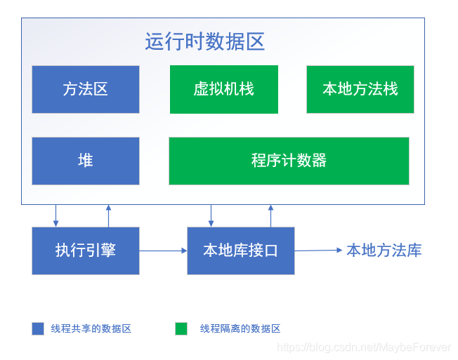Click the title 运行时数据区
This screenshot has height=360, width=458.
[x=204, y=41]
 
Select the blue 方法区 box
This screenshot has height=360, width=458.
[x=85, y=89]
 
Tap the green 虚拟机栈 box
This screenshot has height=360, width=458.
[x=223, y=89]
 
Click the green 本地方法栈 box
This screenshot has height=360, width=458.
[x=360, y=89]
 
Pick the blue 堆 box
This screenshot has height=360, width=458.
[x=85, y=161]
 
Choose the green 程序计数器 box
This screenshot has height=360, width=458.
[x=289, y=161]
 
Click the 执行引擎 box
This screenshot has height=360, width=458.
[x=85, y=251]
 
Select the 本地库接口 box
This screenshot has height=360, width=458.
[x=240, y=251]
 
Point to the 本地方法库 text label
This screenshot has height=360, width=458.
[x=384, y=251]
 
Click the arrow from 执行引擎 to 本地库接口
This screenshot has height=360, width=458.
[x=163, y=251]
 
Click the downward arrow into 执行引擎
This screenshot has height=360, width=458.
[x=56, y=215]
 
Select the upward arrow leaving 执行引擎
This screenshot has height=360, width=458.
[x=108, y=215]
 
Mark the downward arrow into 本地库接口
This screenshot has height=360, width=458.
[x=211, y=215]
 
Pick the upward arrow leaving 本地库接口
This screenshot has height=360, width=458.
[x=270, y=215]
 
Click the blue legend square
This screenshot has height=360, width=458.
[x=38, y=328]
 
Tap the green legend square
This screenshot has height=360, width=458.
[x=181, y=328]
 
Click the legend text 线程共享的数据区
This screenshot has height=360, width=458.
[x=91, y=328]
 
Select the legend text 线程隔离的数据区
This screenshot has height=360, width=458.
[x=240, y=328]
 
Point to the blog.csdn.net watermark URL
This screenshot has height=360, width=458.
[x=364, y=347]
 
